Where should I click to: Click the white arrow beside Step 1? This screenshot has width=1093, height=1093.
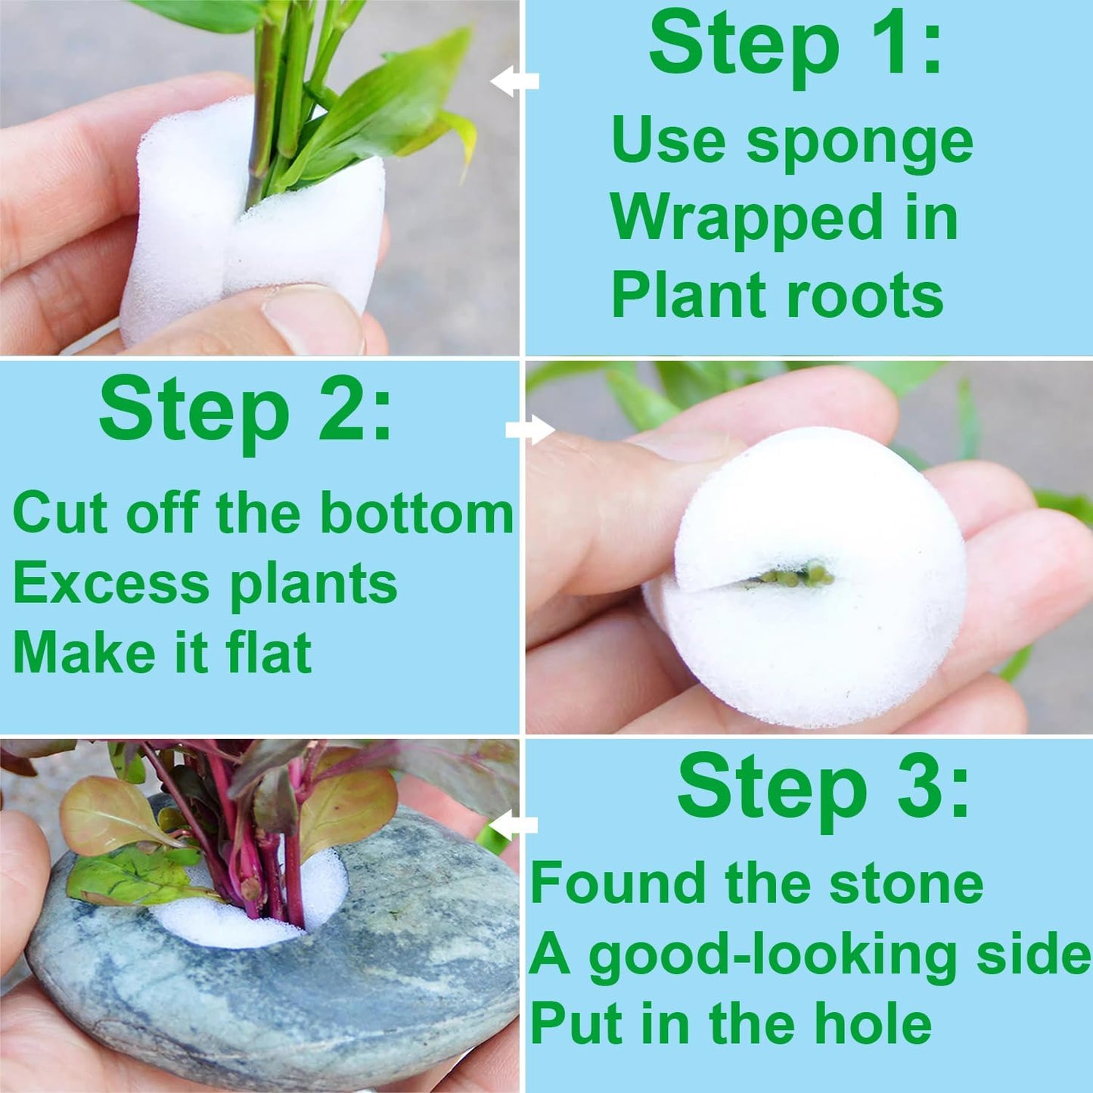(x=514, y=81)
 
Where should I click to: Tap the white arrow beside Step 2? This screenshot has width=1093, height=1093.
(x=530, y=430)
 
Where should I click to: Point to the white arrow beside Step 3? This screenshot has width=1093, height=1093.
(x=514, y=824)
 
